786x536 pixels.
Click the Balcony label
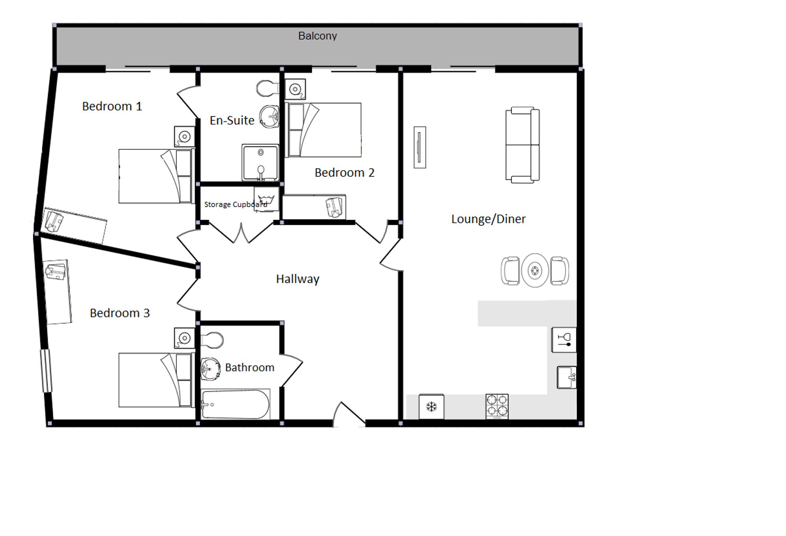coord(318,36)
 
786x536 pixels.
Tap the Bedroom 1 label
coord(112,106)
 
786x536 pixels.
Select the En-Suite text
coord(232,120)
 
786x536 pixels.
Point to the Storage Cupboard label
coord(235,204)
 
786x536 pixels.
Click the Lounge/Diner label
coord(488,219)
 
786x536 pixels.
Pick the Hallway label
coord(298,279)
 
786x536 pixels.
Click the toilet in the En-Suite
coord(267,88)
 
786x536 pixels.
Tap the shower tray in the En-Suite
coord(260,162)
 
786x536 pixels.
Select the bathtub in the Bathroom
coord(235,404)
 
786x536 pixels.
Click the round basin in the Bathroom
coord(211,369)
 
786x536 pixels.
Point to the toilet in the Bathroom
coord(212,340)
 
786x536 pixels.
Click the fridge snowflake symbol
coord(432,407)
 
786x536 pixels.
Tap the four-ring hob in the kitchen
coord(497,406)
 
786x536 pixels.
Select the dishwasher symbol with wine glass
coord(564,340)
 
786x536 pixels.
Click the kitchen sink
coord(567,378)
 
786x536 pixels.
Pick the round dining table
coord(535,270)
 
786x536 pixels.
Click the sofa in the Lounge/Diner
coord(522,145)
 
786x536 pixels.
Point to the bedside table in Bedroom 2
coord(295,90)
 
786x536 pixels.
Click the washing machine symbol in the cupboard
coord(266,199)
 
